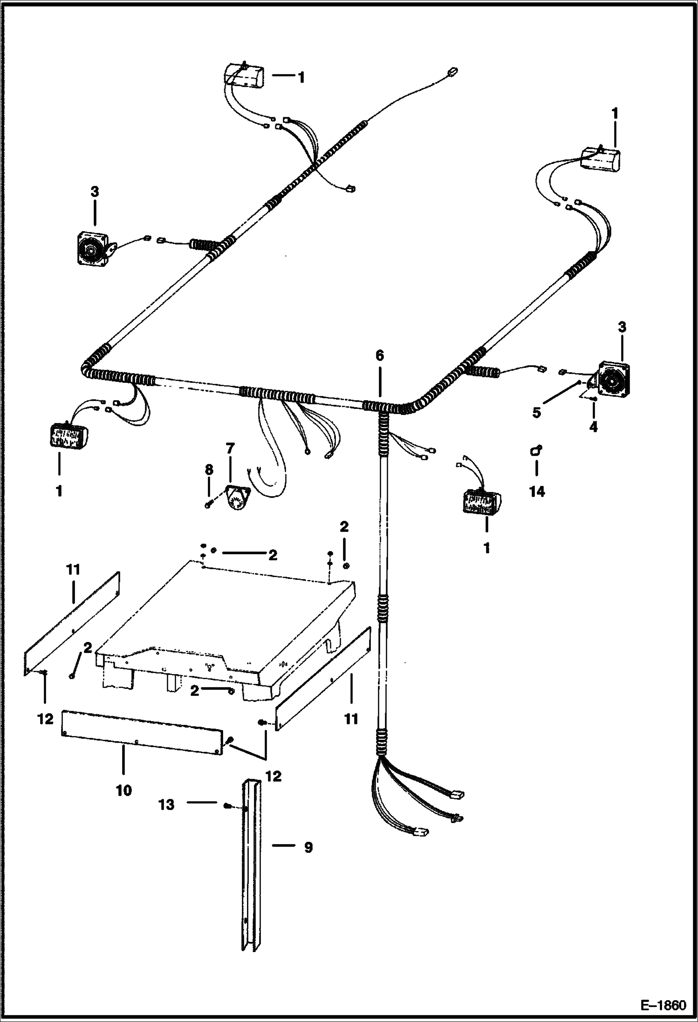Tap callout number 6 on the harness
tap(380, 356)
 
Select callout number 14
tap(537, 491)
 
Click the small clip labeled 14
tap(536, 450)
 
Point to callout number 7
tap(230, 449)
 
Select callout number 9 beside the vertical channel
tap(308, 847)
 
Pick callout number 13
tap(167, 804)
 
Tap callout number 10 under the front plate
tap(124, 790)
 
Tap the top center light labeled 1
tap(244, 76)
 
